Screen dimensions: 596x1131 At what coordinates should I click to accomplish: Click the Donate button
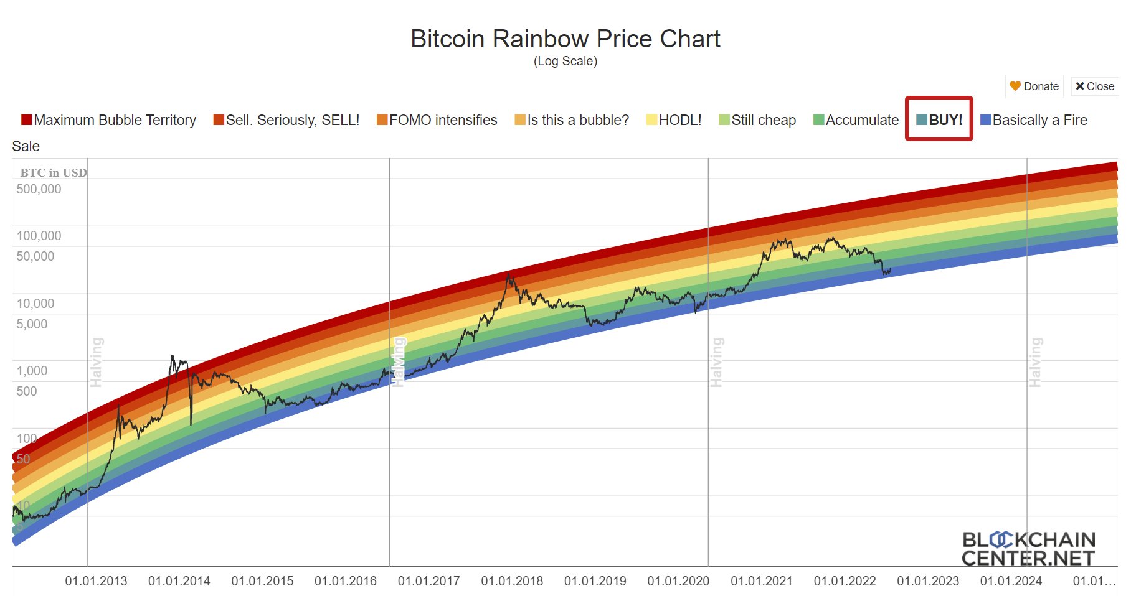coord(1034,86)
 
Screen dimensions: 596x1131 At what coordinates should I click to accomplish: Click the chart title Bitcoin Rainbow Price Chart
coord(565,39)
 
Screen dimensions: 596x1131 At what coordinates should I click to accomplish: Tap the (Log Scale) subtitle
coord(565,61)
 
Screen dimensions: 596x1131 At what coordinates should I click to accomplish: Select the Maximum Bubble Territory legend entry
coord(109,120)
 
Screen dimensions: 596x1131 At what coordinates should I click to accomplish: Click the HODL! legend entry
coord(674,120)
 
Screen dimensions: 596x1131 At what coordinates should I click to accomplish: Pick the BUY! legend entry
coord(939,120)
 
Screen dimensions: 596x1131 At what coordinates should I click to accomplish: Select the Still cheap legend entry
coord(757,120)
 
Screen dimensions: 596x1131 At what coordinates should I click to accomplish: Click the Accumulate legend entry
coord(856,120)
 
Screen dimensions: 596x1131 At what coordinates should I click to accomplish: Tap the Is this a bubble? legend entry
coord(572,120)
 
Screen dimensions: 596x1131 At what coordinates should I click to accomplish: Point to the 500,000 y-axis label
coord(39,189)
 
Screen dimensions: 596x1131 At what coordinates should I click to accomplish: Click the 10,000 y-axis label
coord(35,304)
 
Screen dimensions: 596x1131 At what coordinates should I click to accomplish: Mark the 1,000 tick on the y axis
coord(32,371)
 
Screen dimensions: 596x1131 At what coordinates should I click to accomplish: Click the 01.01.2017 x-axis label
coord(428,581)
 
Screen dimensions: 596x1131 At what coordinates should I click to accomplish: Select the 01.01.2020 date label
coord(678,581)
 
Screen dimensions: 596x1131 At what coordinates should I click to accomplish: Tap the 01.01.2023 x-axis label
coord(928,581)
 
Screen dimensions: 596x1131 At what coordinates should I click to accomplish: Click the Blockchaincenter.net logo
coord(1028,549)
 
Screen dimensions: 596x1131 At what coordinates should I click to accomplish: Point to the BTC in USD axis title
coord(54,172)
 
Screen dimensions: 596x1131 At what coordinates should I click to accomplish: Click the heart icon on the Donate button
coord(1015,86)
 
